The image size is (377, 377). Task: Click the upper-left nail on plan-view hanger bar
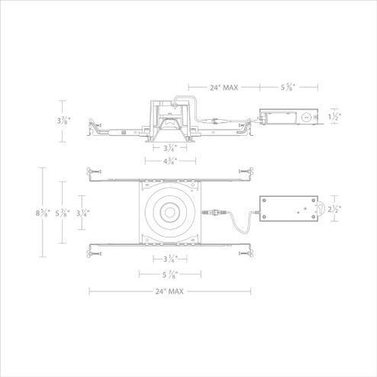click(x=92, y=173)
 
